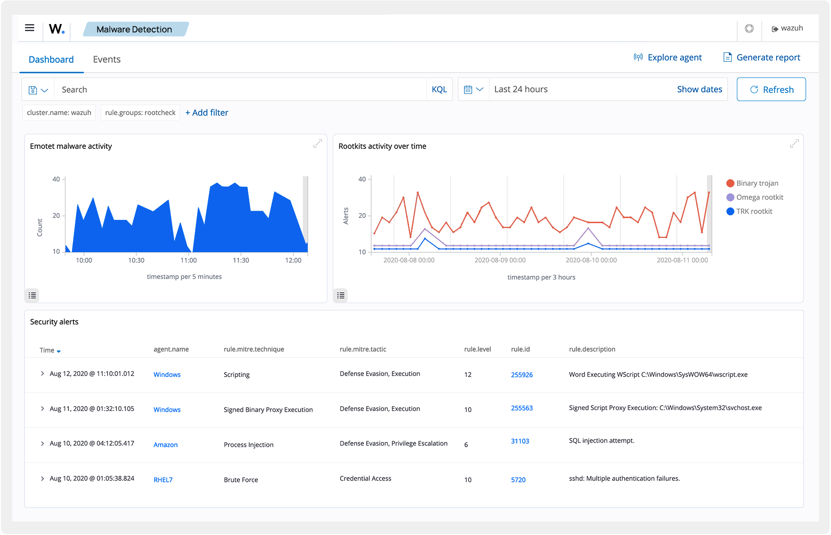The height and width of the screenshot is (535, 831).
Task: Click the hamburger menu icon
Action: (x=30, y=28)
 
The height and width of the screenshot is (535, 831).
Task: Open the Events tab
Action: (x=107, y=59)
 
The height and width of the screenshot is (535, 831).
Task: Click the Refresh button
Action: (x=771, y=90)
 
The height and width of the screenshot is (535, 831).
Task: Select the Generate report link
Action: (x=761, y=57)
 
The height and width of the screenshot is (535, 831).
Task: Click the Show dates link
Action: (x=699, y=89)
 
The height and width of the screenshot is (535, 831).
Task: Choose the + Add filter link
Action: (x=207, y=113)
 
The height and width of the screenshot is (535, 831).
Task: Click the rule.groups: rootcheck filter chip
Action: (x=140, y=113)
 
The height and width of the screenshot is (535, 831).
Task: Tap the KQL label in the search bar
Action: (x=439, y=90)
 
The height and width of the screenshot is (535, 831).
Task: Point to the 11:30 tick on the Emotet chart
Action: (x=241, y=260)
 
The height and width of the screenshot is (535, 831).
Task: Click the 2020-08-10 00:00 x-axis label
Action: (x=591, y=260)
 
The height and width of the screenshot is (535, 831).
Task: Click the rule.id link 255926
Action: (x=522, y=375)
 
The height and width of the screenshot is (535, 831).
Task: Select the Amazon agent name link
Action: (x=165, y=445)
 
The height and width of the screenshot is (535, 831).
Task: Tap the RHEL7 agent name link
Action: (x=163, y=480)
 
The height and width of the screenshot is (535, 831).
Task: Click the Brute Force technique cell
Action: (x=241, y=480)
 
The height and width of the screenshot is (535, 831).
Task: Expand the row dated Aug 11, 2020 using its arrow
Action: (x=42, y=408)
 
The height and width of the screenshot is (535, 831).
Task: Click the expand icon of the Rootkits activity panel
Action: (x=794, y=144)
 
